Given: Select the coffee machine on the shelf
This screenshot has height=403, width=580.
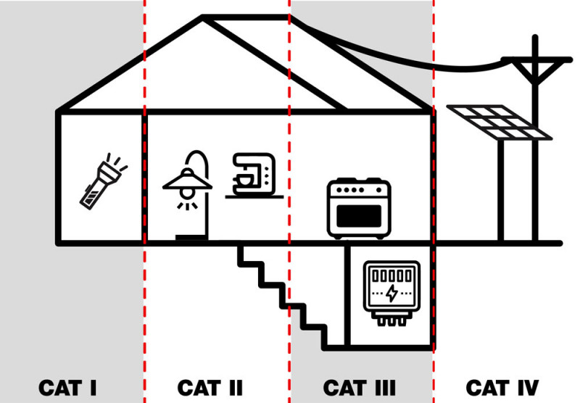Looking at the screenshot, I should pos(253,174).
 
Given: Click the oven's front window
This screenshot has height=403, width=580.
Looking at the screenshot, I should pos(360,216).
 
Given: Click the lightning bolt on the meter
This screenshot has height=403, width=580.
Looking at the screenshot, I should pos(392,294).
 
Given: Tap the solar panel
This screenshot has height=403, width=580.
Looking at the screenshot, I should pos(500,122).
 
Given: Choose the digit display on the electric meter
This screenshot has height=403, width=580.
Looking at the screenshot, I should pos(391,276).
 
